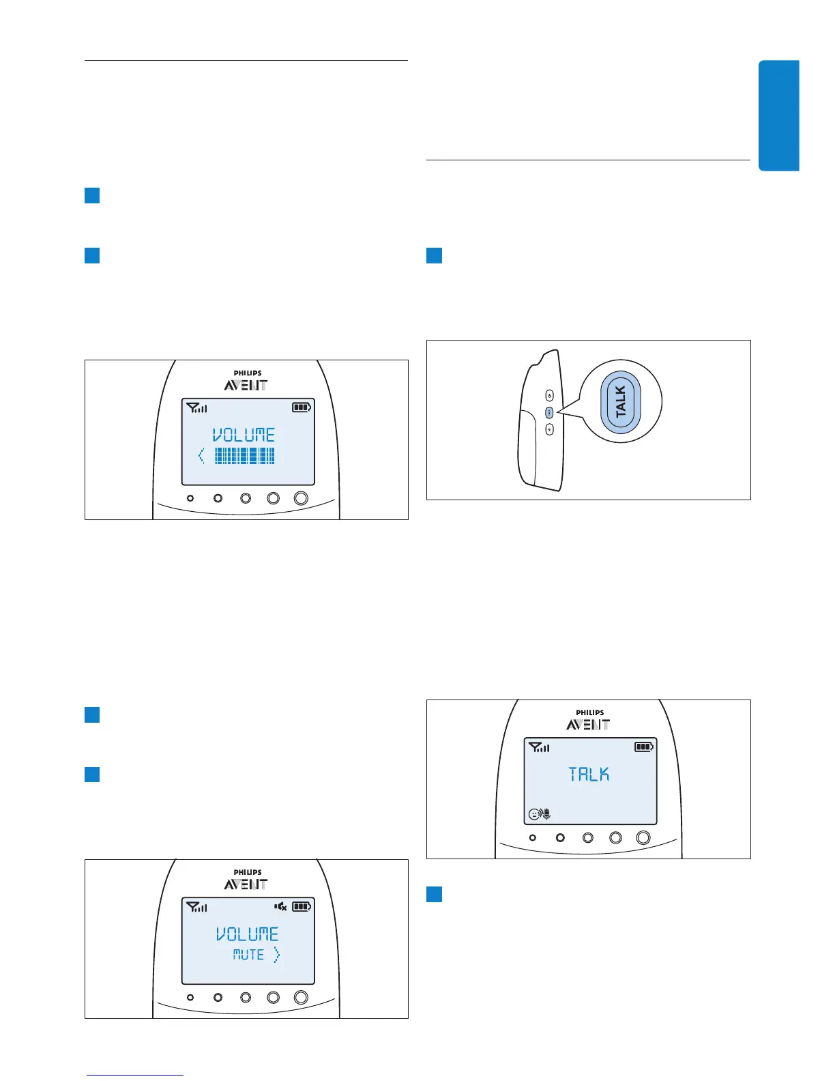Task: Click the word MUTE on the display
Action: [x=248, y=955]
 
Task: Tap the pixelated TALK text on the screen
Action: [x=589, y=775]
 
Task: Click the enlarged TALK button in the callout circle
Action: [x=621, y=401]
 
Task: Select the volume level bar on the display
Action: [x=244, y=456]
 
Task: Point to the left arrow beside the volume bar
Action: [x=201, y=456]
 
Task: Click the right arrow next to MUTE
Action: [x=276, y=955]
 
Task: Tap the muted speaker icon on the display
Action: [x=280, y=907]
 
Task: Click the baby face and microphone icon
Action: [x=540, y=814]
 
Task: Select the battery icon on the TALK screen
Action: [x=643, y=747]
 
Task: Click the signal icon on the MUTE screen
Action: [x=196, y=907]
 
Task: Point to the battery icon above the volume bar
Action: [x=301, y=407]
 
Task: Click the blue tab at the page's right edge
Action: [x=778, y=115]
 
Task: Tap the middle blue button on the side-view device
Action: [x=550, y=412]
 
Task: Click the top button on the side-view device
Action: [x=550, y=395]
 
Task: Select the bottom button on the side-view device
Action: [x=550, y=429]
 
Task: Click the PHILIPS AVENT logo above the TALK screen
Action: [x=589, y=721]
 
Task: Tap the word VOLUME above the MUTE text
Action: [x=248, y=934]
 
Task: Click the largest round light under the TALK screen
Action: [x=643, y=837]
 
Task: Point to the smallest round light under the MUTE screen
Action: [x=190, y=997]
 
